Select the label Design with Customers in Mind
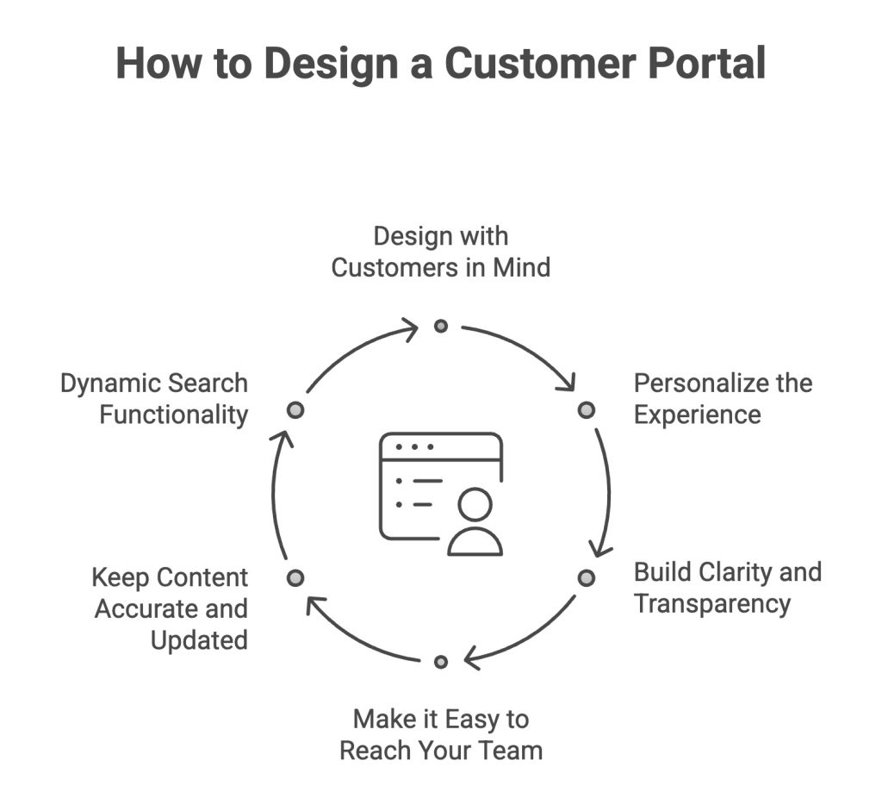[x=440, y=252]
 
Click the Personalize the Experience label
[x=722, y=399]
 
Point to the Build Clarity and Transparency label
[x=726, y=588]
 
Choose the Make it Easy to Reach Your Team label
[x=440, y=734]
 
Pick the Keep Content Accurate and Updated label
[x=171, y=608]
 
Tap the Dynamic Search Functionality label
[x=155, y=399]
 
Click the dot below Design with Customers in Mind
[x=441, y=326]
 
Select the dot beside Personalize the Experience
[x=586, y=409]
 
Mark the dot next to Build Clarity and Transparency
[x=586, y=577]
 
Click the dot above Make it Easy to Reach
[x=441, y=662]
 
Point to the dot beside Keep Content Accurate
[x=295, y=577]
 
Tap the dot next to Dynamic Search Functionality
[x=295, y=409]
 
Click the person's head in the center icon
[x=475, y=504]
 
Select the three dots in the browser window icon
[x=413, y=446]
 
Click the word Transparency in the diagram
[x=711, y=603]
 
